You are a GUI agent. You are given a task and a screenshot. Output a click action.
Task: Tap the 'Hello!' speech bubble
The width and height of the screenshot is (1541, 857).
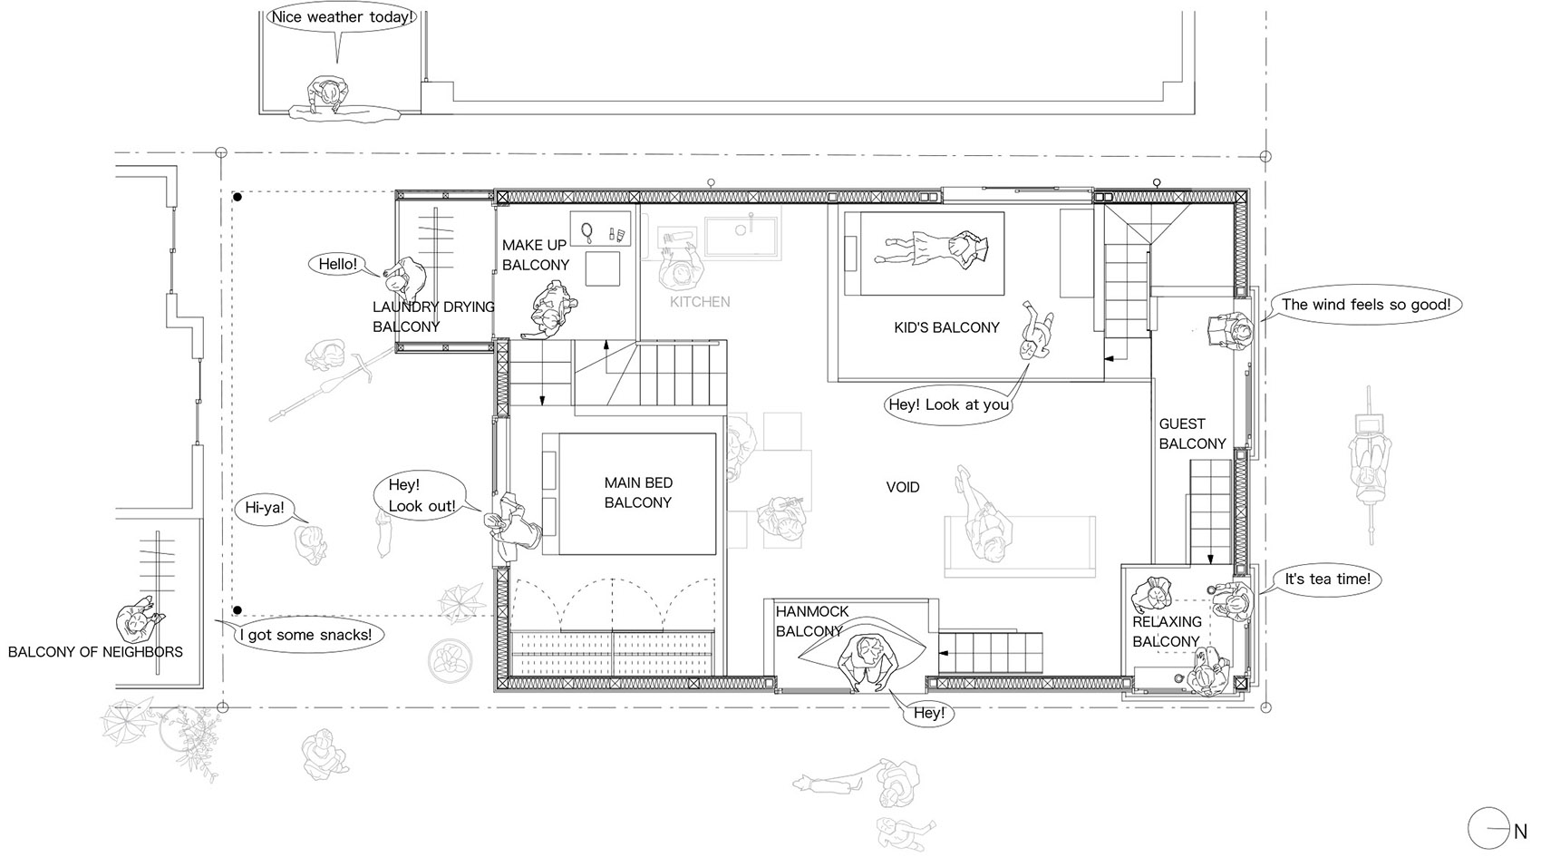[x=337, y=264]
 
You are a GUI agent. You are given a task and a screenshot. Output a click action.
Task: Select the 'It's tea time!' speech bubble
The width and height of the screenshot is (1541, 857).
[x=1327, y=579]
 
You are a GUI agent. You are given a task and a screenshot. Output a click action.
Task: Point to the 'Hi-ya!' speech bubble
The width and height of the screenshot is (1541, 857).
[x=265, y=508]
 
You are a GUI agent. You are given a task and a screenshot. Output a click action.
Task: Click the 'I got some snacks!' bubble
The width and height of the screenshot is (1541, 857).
[x=306, y=635]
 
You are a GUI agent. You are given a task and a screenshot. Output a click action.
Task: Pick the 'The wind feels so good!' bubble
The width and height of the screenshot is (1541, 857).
[x=1365, y=304]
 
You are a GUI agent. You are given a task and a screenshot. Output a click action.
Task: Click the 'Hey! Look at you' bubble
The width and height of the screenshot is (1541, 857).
[x=949, y=404]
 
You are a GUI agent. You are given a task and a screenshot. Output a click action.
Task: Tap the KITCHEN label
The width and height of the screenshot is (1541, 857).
[x=700, y=301]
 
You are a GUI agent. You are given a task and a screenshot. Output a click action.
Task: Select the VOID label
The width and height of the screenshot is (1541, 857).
[x=903, y=487]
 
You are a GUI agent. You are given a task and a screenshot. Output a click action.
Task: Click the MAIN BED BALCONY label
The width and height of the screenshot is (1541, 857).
[x=638, y=492]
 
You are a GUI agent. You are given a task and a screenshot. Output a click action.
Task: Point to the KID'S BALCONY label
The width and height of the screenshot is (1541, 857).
[x=946, y=327]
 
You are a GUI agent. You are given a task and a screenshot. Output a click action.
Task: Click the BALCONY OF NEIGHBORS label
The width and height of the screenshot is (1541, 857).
[x=95, y=652]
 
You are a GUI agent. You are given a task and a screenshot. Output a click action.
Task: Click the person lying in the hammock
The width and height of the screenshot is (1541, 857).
[x=868, y=662]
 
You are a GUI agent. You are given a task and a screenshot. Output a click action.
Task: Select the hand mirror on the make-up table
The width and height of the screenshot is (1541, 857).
[x=587, y=232]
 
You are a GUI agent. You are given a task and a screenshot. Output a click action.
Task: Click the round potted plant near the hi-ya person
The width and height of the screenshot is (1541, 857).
[x=451, y=661]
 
